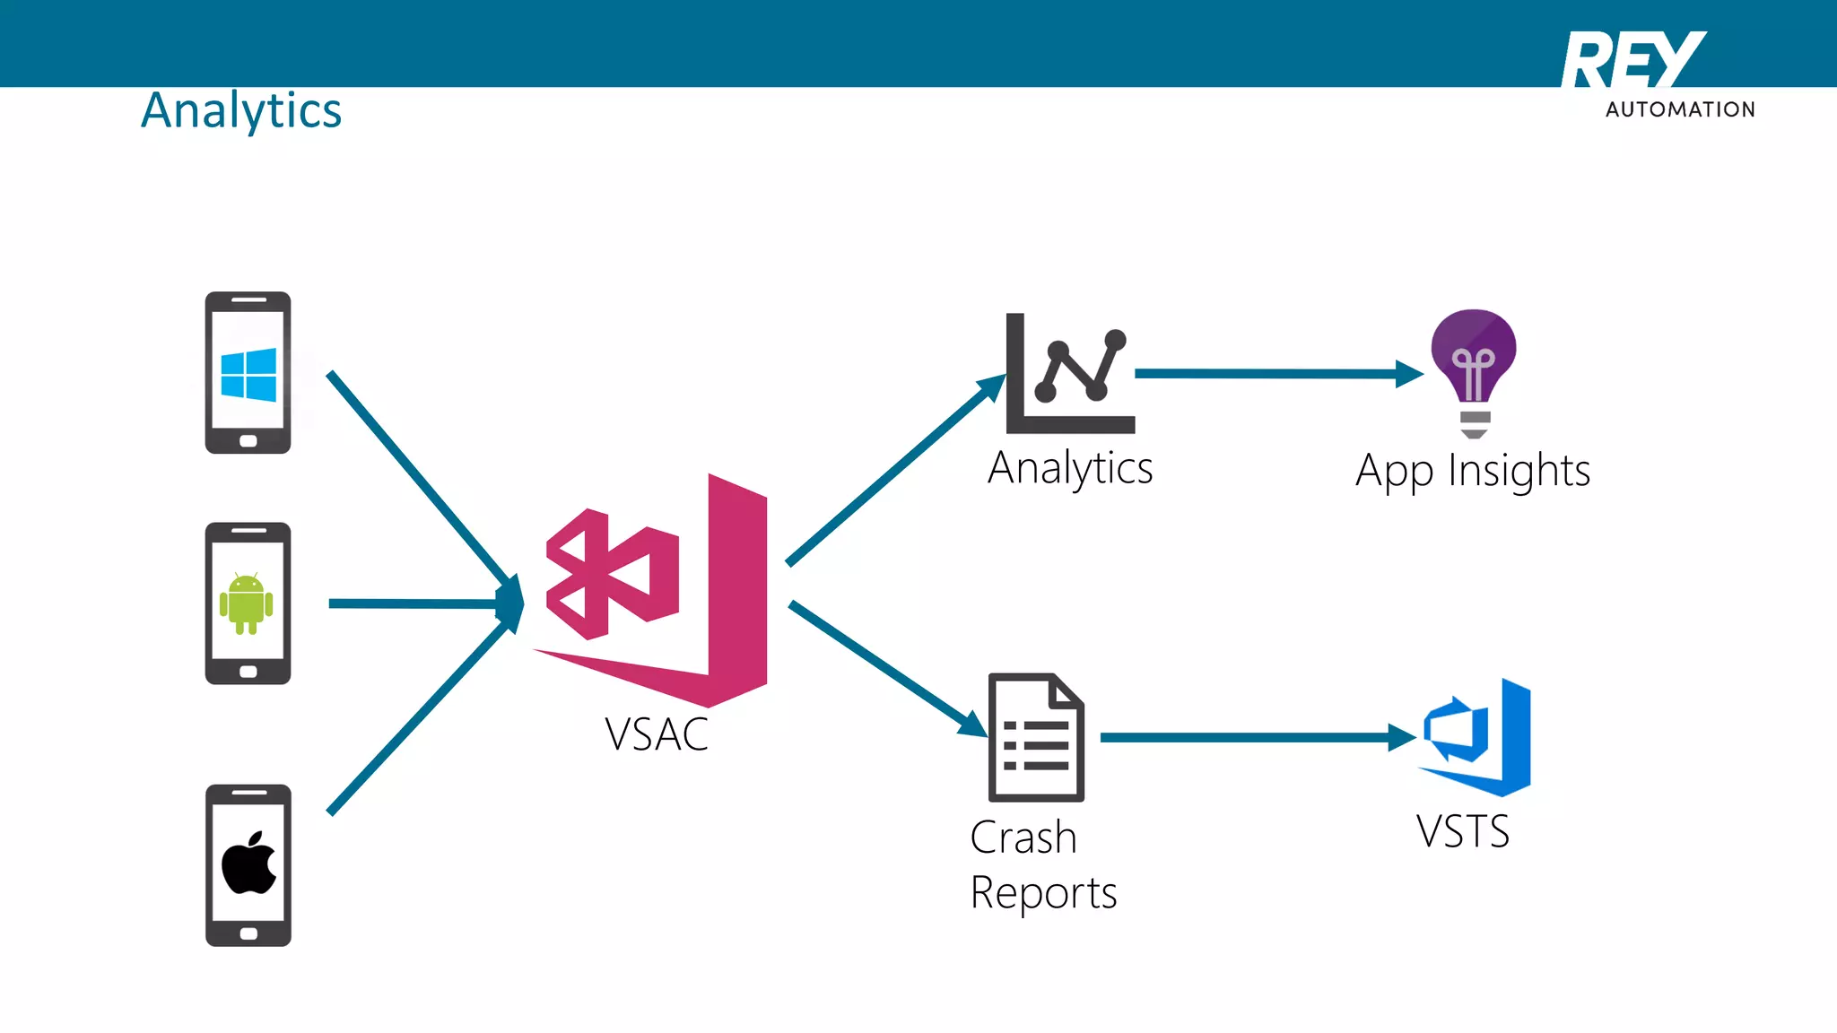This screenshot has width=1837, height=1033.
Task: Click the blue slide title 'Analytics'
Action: pyautogui.click(x=241, y=111)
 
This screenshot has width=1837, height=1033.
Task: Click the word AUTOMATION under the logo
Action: pyautogui.click(x=1680, y=109)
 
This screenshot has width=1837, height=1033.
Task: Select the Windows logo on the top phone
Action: pyautogui.click(x=248, y=374)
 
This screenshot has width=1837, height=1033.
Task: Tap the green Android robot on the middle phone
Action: pyautogui.click(x=247, y=603)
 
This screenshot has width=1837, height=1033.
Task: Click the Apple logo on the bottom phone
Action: pyautogui.click(x=248, y=864)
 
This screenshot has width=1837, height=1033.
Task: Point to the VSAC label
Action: pyautogui.click(x=656, y=734)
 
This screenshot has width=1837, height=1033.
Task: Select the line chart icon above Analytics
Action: pyautogui.click(x=1070, y=374)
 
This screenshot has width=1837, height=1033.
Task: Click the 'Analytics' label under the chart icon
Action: pyautogui.click(x=1070, y=468)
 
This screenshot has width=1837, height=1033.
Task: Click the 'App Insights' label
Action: pyautogui.click(x=1472, y=471)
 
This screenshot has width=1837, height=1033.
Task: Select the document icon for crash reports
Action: pyautogui.click(x=1036, y=737)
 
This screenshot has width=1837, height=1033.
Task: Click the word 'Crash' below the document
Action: pyautogui.click(x=1023, y=838)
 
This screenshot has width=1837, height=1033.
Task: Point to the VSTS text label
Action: pyautogui.click(x=1463, y=831)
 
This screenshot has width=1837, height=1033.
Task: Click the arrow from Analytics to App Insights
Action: pyautogui.click(x=1274, y=374)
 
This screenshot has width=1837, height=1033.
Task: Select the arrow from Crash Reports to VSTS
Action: pyautogui.click(x=1256, y=737)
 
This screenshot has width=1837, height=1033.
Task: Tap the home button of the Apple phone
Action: pyautogui.click(x=248, y=933)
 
